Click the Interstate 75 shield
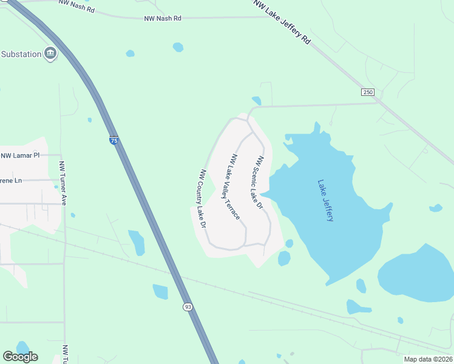(x=114, y=140)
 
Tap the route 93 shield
(x=188, y=307)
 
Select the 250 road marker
(x=368, y=92)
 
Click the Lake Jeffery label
(x=326, y=200)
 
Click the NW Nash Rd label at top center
(x=163, y=19)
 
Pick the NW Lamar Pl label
(x=20, y=155)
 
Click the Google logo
(x=20, y=356)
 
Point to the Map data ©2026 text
(x=427, y=359)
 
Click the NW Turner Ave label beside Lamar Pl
(x=62, y=178)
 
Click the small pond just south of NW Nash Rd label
(x=178, y=47)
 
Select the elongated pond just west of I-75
(x=137, y=242)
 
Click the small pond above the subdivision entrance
(x=257, y=101)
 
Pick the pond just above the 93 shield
(x=160, y=292)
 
